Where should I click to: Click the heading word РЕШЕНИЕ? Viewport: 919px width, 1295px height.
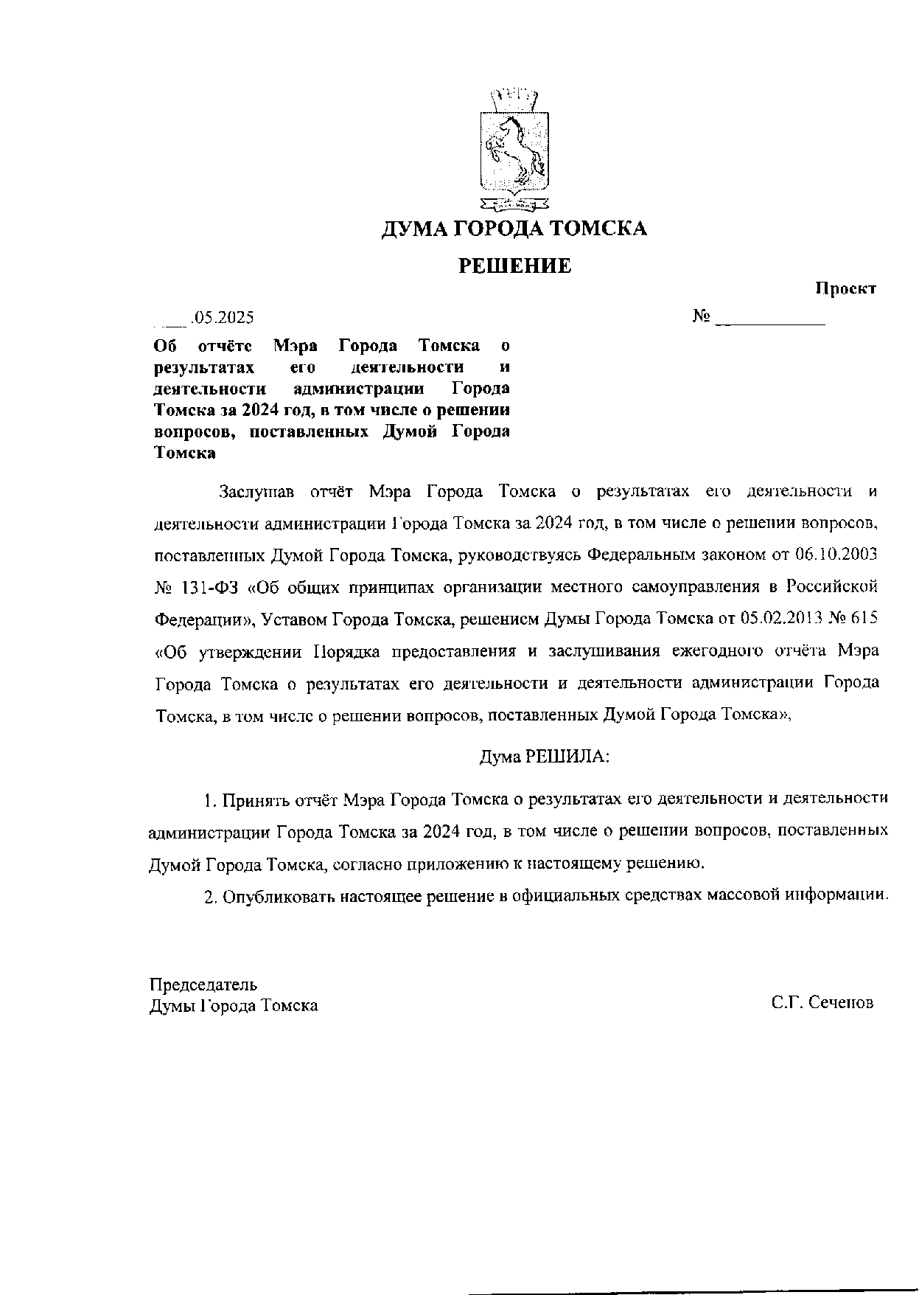515,265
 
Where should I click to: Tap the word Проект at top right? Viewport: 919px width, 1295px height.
845,289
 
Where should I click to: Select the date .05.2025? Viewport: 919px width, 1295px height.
222,318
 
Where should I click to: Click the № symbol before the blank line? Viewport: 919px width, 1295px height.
702,317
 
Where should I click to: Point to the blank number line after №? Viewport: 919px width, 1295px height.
770,322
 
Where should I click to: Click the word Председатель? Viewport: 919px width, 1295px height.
203,985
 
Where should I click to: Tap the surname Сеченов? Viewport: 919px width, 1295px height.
841,1003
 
